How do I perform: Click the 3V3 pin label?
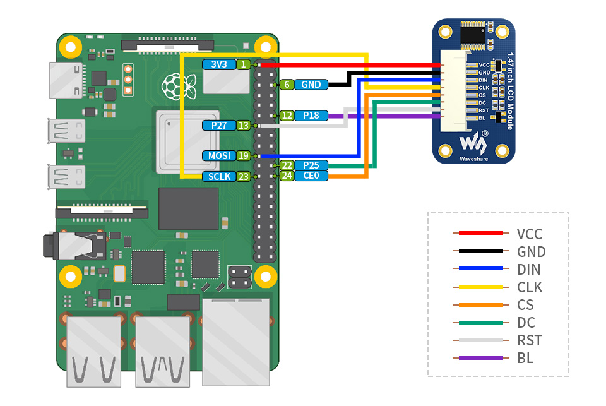(218, 64)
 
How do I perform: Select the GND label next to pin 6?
(311, 84)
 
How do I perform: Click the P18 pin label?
(311, 116)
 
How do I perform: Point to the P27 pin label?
(218, 126)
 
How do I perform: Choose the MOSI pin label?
(218, 155)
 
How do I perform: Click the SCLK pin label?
(218, 176)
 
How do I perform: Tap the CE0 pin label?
(311, 176)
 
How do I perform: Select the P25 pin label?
(311, 165)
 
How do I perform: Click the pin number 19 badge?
(244, 155)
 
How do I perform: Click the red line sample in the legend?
(480, 234)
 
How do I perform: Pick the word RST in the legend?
(529, 340)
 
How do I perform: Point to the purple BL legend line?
(480, 358)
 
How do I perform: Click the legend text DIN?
(528, 270)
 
